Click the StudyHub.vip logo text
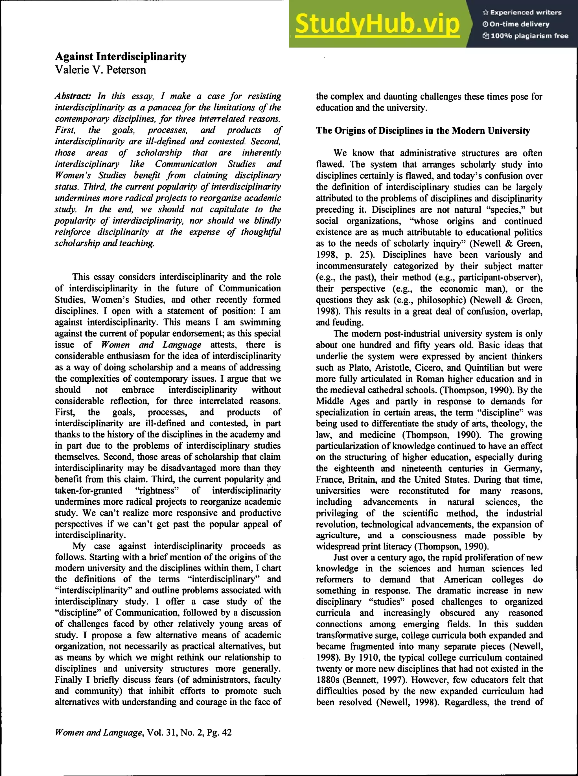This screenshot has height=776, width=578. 377,24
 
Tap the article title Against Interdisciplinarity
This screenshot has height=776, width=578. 121,57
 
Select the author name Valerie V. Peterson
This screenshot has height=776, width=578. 100,70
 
